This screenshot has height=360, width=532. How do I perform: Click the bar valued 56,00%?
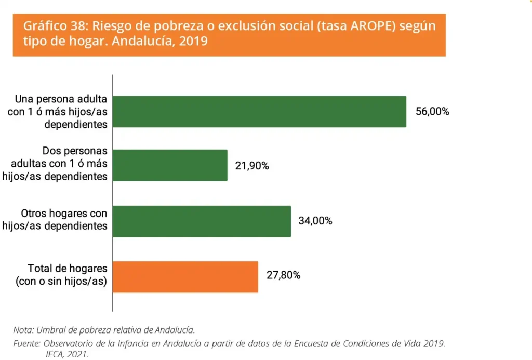(259, 111)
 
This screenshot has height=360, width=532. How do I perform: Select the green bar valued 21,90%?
(170, 165)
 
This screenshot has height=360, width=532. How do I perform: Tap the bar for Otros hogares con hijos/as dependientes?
(202, 221)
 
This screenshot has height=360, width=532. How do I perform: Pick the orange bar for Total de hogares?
(185, 276)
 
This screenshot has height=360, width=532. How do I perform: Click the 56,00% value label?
(432, 112)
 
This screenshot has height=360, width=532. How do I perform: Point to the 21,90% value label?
(252, 166)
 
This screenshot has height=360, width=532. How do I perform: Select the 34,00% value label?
(315, 221)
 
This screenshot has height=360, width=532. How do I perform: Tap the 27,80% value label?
(283, 275)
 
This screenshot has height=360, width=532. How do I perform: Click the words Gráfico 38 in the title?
(49, 27)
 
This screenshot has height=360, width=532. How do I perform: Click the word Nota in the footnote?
(23, 329)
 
